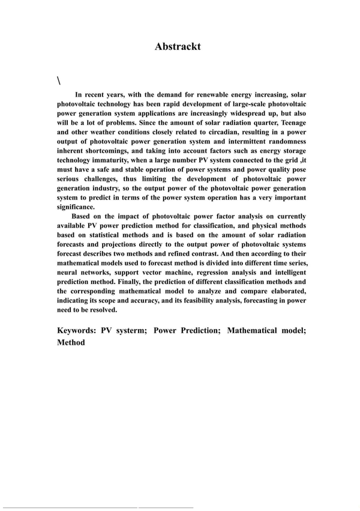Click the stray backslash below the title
pyautogui.click(x=59, y=80)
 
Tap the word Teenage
pyautogui.click(x=288, y=123)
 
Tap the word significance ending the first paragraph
pyautogui.click(x=76, y=207)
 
